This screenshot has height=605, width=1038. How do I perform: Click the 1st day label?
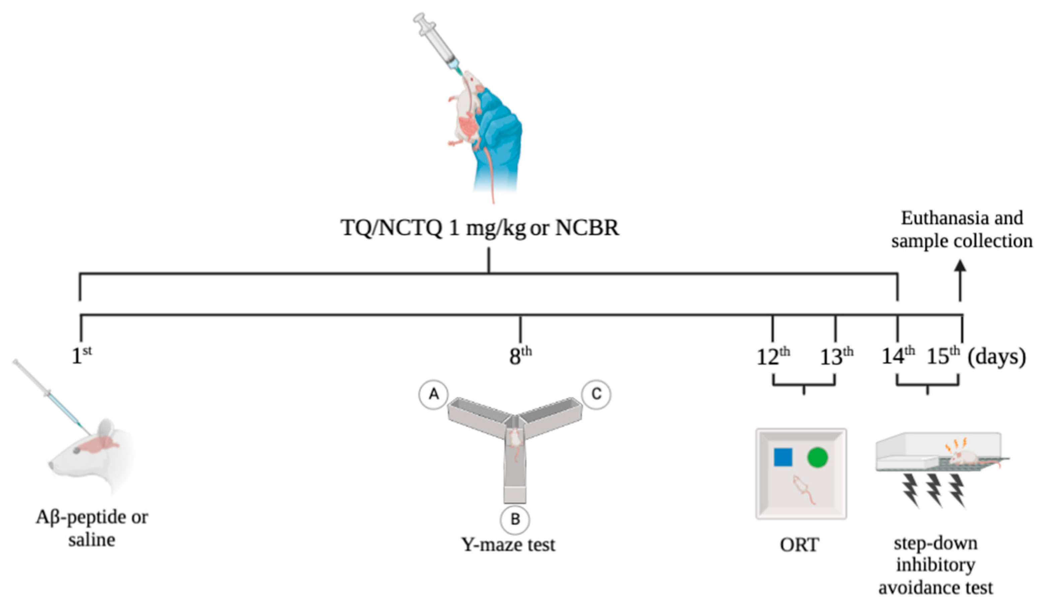pyautogui.click(x=81, y=356)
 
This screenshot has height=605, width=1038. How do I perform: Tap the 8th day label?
pyautogui.click(x=520, y=356)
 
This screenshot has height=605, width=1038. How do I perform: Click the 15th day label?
pyautogui.click(x=943, y=356)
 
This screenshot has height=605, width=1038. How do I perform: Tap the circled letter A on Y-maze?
pyautogui.click(x=433, y=394)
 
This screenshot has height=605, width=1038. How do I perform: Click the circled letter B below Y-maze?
pyautogui.click(x=515, y=519)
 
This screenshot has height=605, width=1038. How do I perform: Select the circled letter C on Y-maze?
pyautogui.click(x=596, y=394)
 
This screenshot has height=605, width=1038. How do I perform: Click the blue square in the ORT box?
pyautogui.click(x=783, y=457)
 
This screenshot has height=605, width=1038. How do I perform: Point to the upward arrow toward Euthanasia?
pyautogui.click(x=960, y=280)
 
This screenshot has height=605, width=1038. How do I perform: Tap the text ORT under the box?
pyautogui.click(x=799, y=545)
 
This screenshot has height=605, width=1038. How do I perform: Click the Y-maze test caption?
pyautogui.click(x=508, y=544)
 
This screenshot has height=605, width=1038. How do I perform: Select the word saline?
pyautogui.click(x=91, y=539)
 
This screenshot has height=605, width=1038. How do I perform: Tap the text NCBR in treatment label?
pyautogui.click(x=587, y=228)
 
